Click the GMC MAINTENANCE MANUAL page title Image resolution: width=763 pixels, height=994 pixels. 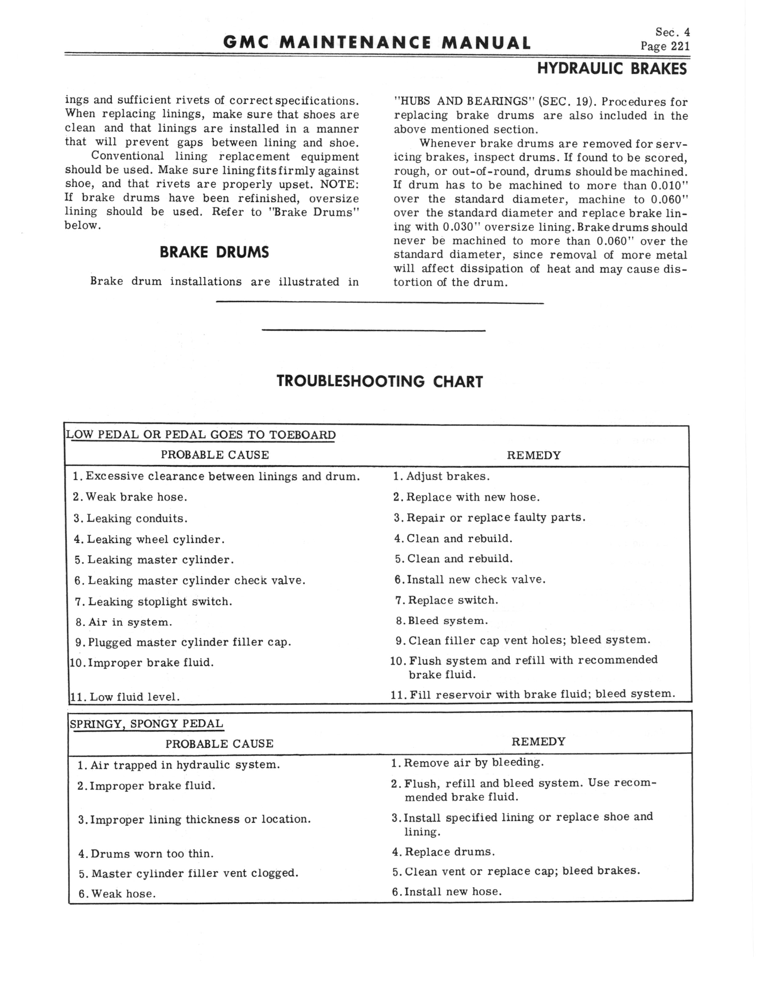[x=377, y=43]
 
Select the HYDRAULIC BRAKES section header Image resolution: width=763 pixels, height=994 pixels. [x=612, y=69]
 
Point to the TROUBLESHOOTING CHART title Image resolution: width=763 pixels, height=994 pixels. [x=380, y=382]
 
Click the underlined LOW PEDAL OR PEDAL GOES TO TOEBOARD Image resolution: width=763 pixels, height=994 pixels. [x=201, y=435]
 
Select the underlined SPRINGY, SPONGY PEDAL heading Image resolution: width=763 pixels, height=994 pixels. [x=146, y=724]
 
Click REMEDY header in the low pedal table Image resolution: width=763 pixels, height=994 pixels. [x=534, y=455]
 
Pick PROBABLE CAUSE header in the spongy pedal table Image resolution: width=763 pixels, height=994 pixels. [x=219, y=744]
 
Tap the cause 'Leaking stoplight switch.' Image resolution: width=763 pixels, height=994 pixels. [x=160, y=602]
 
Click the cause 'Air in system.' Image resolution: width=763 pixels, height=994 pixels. [x=130, y=622]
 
